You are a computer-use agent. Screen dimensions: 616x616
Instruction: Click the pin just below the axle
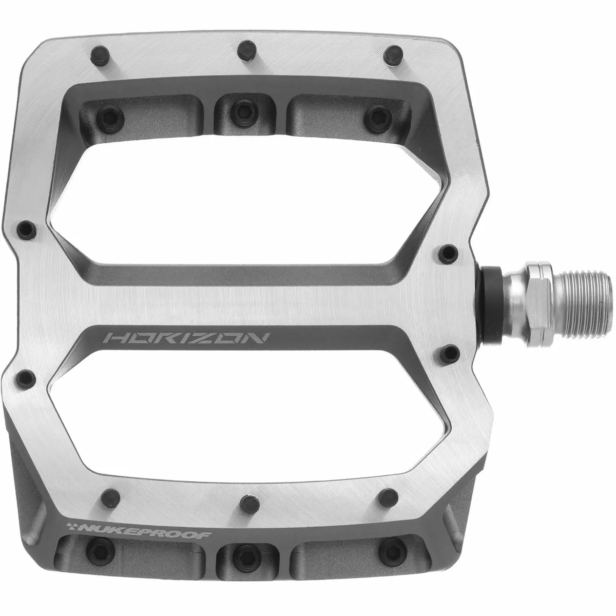coord(450,352)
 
